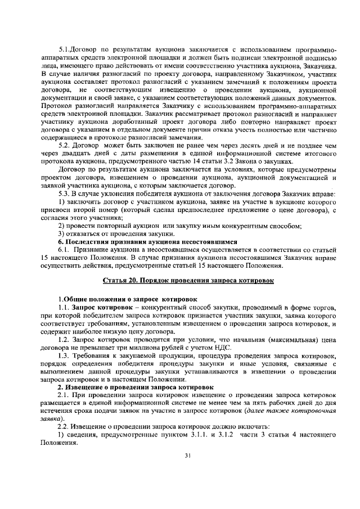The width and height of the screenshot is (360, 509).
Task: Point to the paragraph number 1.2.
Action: point(66,340)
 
